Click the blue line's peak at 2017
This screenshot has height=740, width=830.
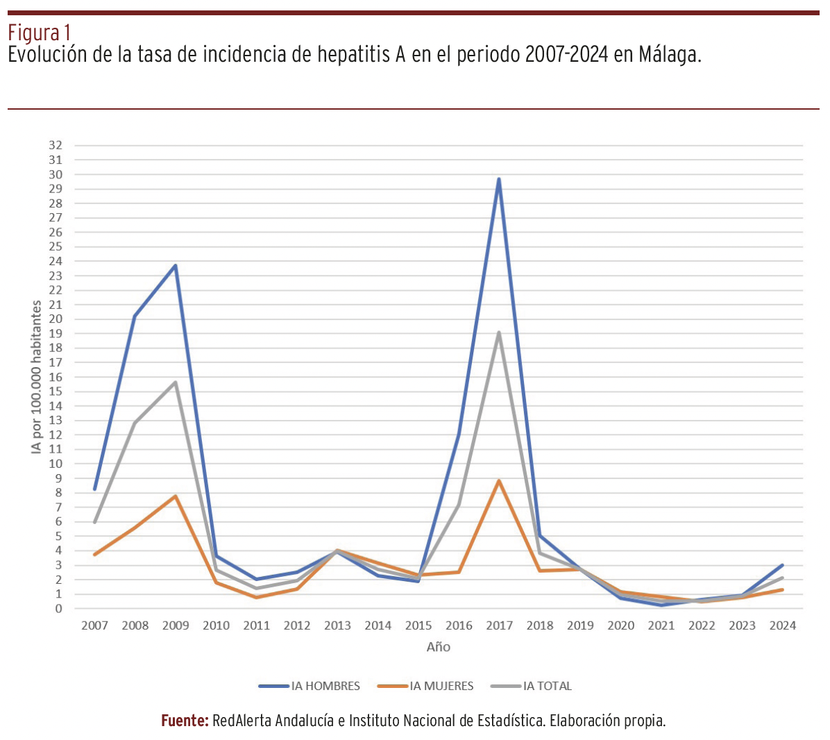pos(499,180)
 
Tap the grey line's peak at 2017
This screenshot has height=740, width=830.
pos(499,333)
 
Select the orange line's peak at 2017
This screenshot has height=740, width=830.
pos(499,481)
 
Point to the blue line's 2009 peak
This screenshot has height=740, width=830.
pos(176,266)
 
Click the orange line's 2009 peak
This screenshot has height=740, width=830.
pos(176,496)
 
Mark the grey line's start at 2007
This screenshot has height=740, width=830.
pos(95,521)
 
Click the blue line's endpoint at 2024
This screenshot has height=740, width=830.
pos(782,565)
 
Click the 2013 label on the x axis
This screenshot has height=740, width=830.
pos(337,625)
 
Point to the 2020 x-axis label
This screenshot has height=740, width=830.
pos(620,625)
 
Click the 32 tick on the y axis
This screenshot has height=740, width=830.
pos(56,146)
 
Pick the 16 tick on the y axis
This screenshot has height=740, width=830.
pos(56,377)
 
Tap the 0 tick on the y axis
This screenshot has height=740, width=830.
pos(58,609)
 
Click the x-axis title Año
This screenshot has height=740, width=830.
pos(439,647)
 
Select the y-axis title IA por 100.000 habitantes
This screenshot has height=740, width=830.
pos(36,377)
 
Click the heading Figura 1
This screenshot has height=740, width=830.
pos(39,32)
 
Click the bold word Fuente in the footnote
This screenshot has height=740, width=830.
pos(185,721)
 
